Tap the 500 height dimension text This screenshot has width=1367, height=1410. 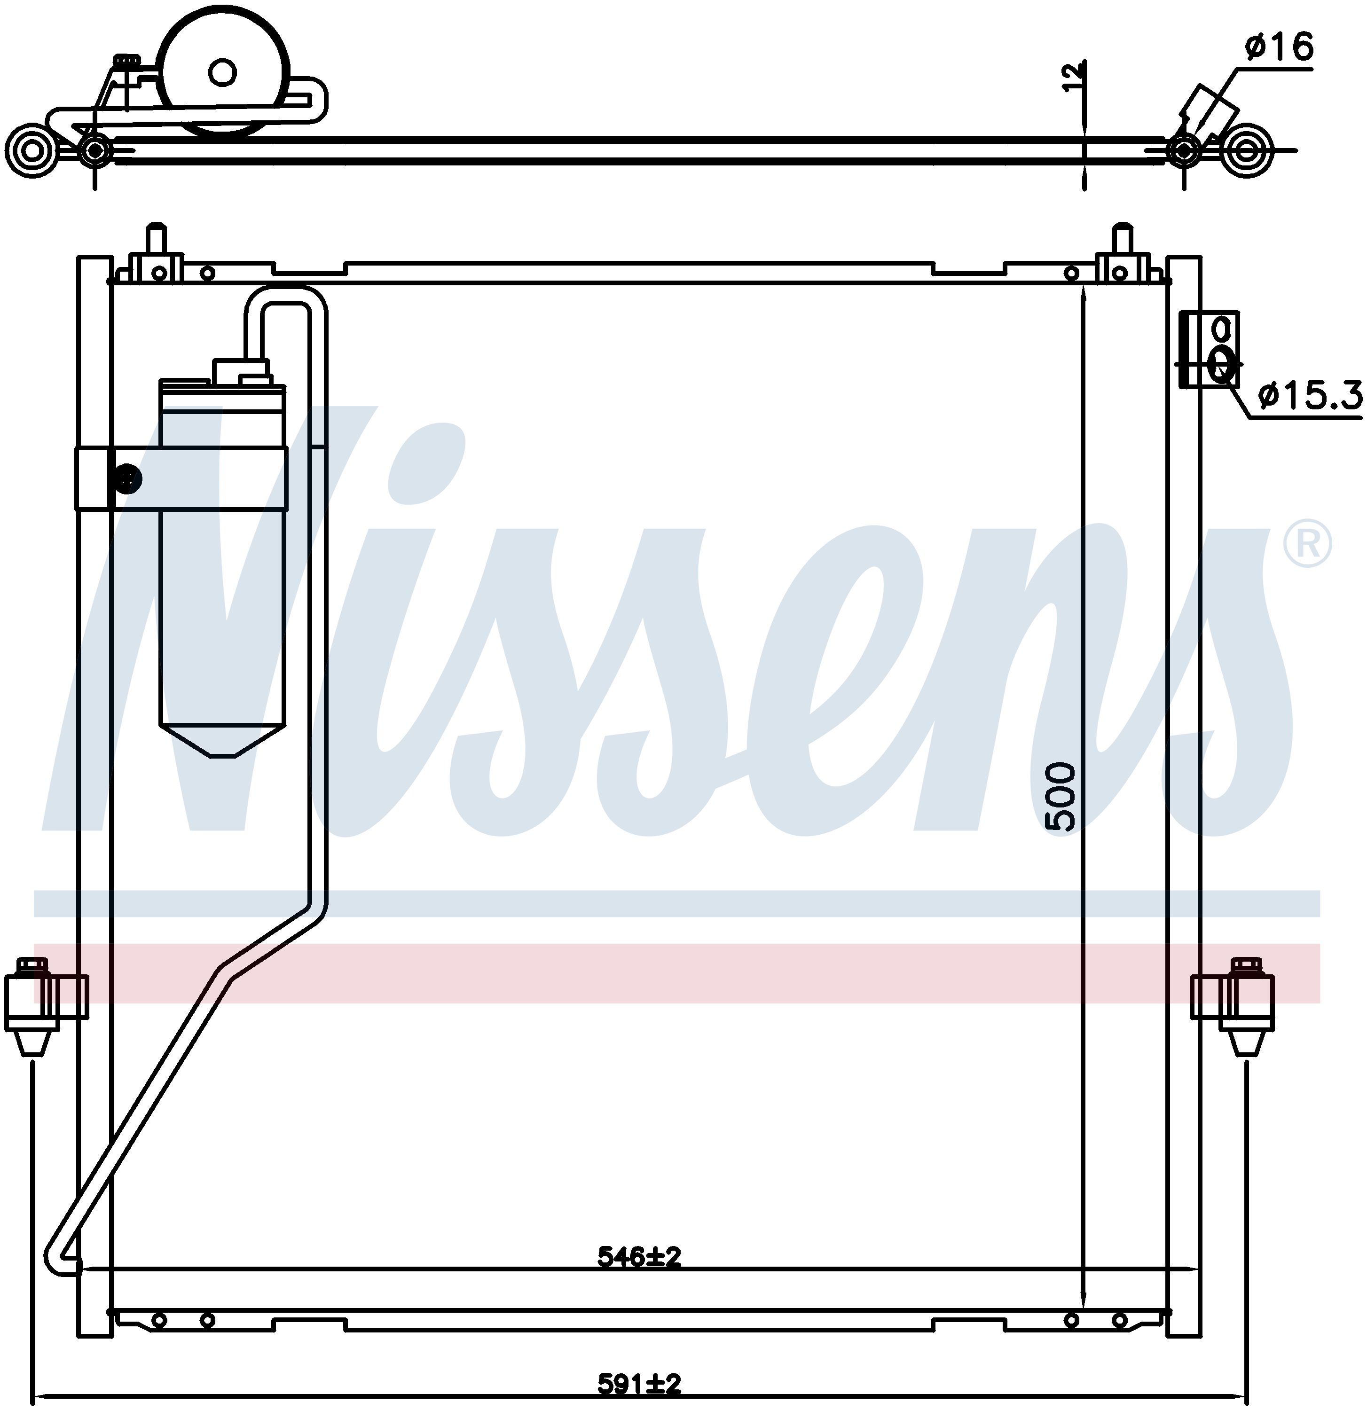click(1061, 798)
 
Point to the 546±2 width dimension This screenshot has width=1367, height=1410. click(639, 1257)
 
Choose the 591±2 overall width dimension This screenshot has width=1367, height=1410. click(639, 1383)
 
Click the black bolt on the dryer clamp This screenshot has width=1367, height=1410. click(128, 479)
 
